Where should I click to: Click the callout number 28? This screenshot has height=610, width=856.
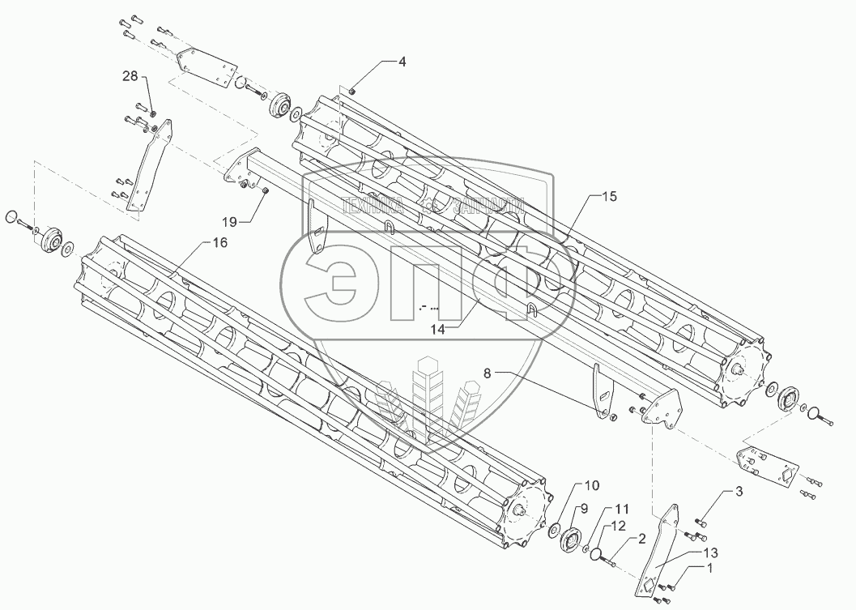click(130, 76)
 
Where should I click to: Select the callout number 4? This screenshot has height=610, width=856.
click(402, 62)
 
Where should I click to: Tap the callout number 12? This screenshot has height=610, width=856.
click(620, 527)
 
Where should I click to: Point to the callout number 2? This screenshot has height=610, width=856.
click(641, 538)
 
